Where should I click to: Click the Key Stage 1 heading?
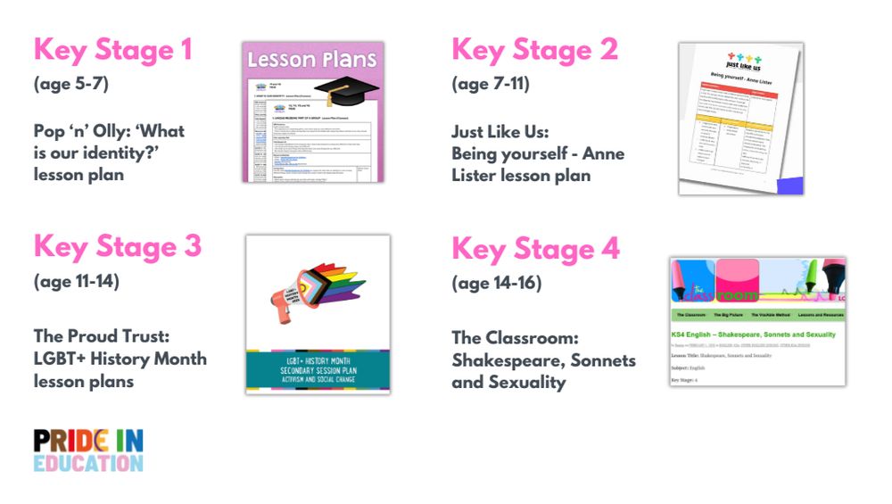click(x=112, y=50)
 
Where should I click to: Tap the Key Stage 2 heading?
click(x=534, y=50)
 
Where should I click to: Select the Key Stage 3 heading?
click(x=117, y=246)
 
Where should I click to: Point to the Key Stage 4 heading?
click(x=535, y=249)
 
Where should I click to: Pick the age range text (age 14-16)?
click(x=496, y=284)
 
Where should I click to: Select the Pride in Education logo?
click(x=87, y=450)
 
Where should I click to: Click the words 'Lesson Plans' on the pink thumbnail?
click(x=312, y=61)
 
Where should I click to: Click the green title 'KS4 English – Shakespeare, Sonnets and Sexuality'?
click(x=754, y=335)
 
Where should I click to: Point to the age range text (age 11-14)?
click(x=76, y=282)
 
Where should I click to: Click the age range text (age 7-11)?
click(x=491, y=85)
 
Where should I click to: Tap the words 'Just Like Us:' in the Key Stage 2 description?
click(x=500, y=132)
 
